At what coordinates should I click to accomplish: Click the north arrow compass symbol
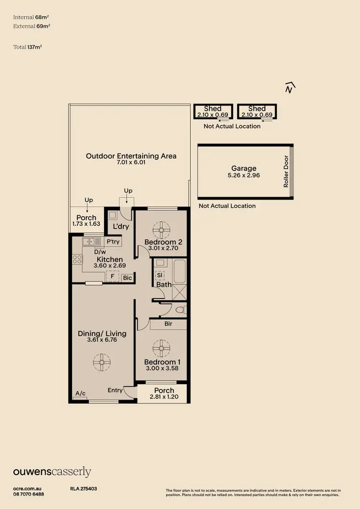click(289, 87)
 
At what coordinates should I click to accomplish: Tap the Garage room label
click(244, 168)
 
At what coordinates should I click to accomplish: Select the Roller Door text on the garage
click(286, 171)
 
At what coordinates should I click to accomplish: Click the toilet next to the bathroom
click(180, 309)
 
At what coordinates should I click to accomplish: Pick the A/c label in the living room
click(81, 394)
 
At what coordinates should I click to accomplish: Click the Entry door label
click(115, 390)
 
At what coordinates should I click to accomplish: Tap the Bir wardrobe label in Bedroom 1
click(168, 324)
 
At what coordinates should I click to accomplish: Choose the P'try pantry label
click(113, 242)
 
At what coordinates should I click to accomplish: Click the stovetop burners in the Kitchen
click(77, 259)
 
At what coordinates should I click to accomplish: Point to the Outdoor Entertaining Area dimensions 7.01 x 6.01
click(131, 163)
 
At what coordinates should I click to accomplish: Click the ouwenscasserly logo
click(52, 472)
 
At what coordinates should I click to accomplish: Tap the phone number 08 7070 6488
click(29, 494)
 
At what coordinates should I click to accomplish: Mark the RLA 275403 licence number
click(84, 489)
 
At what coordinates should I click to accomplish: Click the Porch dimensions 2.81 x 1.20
click(164, 397)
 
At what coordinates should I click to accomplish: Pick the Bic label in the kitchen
click(127, 278)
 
